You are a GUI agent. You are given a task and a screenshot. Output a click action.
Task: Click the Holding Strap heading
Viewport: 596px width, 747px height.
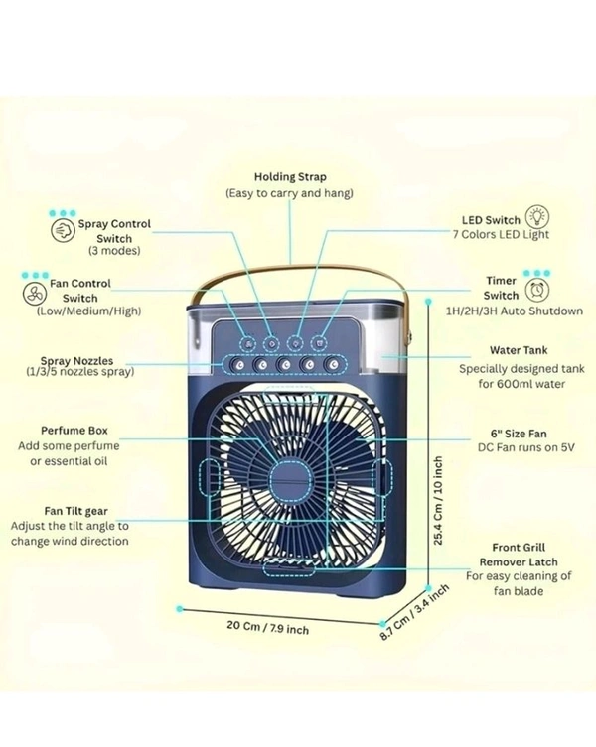[x=289, y=176]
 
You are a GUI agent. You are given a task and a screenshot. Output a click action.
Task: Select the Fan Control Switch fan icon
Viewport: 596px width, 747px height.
[x=33, y=296]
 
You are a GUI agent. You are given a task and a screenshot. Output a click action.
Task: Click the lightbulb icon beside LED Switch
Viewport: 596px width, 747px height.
[x=537, y=218]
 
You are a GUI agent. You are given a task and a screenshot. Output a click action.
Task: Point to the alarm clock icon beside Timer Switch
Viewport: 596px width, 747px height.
[x=538, y=288]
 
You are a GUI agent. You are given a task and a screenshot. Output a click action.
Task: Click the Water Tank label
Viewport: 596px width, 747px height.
[x=519, y=350]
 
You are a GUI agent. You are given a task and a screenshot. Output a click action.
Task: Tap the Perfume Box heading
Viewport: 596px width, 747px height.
[x=74, y=432]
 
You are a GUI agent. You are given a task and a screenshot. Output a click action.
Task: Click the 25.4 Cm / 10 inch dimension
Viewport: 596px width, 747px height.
[x=438, y=501]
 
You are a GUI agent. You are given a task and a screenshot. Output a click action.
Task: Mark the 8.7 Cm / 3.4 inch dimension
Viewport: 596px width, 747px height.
[x=414, y=613]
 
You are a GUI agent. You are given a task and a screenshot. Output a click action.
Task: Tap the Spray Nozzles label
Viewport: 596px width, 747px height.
[x=76, y=361]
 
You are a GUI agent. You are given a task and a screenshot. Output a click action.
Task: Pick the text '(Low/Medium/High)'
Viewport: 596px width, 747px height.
[x=88, y=311]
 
